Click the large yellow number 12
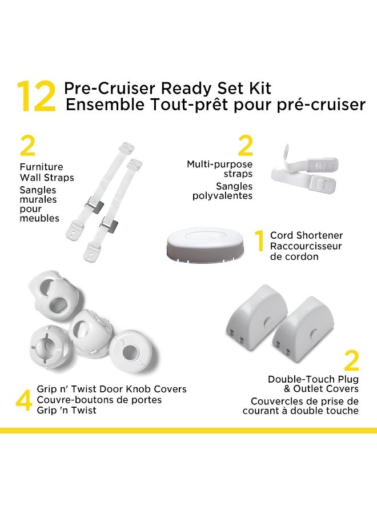tap(36, 97)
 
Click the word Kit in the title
tap(259, 89)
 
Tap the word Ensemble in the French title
tap(97, 106)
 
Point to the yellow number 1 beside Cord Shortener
tap(259, 241)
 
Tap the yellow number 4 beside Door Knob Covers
tap(23, 400)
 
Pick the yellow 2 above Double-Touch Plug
tap(351, 361)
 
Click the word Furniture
tap(41, 167)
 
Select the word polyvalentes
tap(223, 196)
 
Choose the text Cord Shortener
tap(306, 235)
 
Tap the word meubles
tap(39, 218)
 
